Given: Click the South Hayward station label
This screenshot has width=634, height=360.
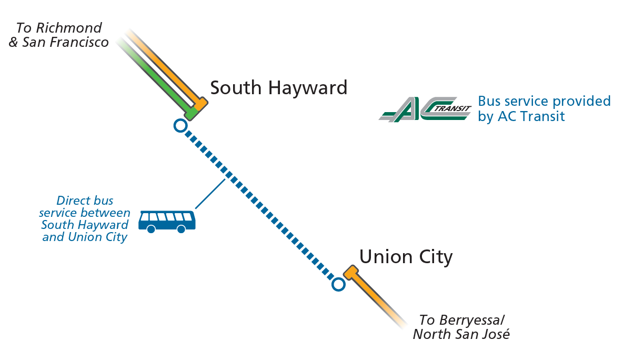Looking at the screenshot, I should (278, 87).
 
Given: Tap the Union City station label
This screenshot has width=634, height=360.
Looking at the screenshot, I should (406, 257).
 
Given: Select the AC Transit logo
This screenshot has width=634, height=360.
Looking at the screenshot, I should (425, 109).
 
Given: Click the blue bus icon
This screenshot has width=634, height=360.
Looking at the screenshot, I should (167, 221).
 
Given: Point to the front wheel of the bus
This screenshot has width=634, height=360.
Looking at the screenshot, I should (182, 228).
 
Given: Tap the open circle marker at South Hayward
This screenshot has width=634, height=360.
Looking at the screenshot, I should (180, 126).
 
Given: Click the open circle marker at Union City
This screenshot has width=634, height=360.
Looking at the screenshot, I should (338, 284).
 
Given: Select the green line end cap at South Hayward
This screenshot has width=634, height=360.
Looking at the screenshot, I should (191, 113).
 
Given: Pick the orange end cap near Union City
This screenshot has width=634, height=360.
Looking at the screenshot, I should (350, 273).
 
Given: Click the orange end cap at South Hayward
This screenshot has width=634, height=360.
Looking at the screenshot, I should (200, 104).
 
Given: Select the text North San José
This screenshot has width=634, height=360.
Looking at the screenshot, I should (461, 334).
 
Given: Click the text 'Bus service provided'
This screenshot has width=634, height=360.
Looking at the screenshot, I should (544, 101).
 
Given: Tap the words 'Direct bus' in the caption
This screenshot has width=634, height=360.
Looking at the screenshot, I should (84, 201).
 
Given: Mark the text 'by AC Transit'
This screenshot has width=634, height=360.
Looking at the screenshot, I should (521, 116).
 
